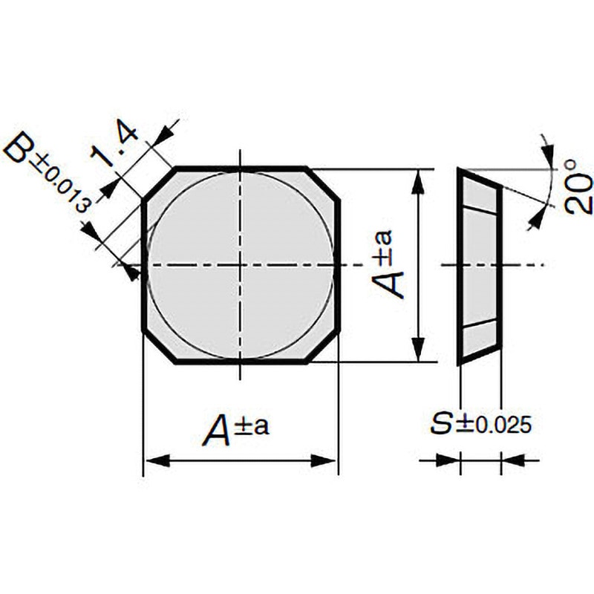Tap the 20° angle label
pyautogui.click(x=578, y=187)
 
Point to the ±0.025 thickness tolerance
pyautogui.click(x=493, y=425)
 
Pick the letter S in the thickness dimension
pyautogui.click(x=442, y=424)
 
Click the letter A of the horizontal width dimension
pyautogui.click(x=218, y=430)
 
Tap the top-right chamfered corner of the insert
pyautogui.click(x=322, y=184)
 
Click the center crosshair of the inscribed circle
pyautogui.click(x=240, y=265)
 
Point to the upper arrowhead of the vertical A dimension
pyautogui.click(x=417, y=183)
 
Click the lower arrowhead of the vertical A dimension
pyautogui.click(x=417, y=348)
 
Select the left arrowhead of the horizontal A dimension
pyautogui.click(x=158, y=460)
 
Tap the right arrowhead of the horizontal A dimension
pyautogui.click(x=323, y=460)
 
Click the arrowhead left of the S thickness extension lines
pyautogui.click(x=448, y=460)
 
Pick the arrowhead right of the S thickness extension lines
pyautogui.click(x=514, y=460)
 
